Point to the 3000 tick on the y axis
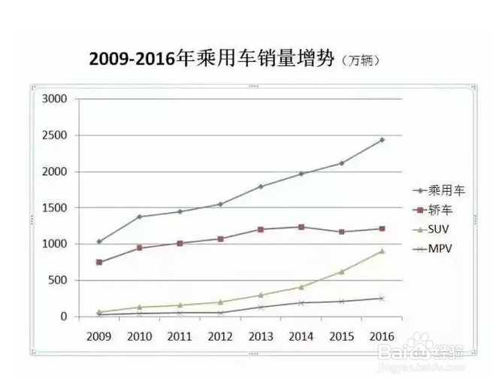pyautogui.click(x=56, y=99)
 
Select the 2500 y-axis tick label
pyautogui.click(x=56, y=135)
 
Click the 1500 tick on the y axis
pyautogui.click(x=56, y=208)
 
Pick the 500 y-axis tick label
pyautogui.click(x=59, y=280)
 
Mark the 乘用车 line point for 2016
pyautogui.click(x=382, y=140)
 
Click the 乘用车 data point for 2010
pyautogui.click(x=139, y=217)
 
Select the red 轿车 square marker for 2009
pyautogui.click(x=98, y=262)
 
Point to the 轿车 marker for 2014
pyautogui.click(x=301, y=227)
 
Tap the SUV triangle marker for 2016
pyautogui.click(x=382, y=251)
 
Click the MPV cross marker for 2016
pyautogui.click(x=382, y=299)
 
